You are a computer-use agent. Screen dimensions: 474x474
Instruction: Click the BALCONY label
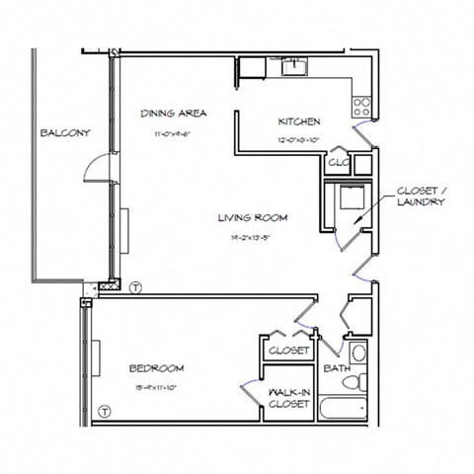tap(66, 133)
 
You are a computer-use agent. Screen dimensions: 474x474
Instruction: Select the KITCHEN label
tap(298, 122)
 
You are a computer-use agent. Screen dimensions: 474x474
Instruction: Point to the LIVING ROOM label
tap(252, 218)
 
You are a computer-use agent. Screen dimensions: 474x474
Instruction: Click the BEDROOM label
tap(157, 368)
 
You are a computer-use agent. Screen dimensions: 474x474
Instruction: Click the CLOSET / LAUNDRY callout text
tap(420, 197)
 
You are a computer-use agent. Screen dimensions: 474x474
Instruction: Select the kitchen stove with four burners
tap(362, 104)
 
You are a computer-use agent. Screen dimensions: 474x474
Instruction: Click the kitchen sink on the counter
tap(293, 66)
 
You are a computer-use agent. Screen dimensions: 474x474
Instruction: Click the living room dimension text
tap(252, 237)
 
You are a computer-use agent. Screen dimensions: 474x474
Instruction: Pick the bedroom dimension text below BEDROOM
tap(157, 386)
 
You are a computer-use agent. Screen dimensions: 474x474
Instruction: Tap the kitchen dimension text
tap(298, 140)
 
